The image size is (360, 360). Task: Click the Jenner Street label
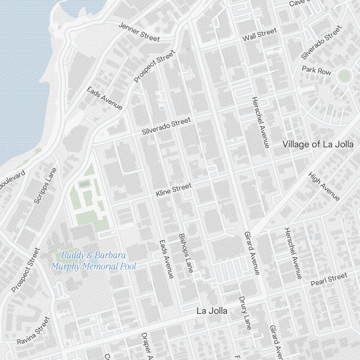tap(139, 32)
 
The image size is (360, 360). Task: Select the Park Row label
tap(316, 70)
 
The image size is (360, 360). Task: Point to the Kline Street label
tap(174, 190)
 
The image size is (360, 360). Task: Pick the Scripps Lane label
tap(45, 186)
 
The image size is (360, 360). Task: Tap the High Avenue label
tap(324, 186)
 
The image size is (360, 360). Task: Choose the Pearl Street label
tap(329, 279)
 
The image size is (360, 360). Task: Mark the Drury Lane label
tap(245, 312)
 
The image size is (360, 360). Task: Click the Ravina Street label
tap(33, 330)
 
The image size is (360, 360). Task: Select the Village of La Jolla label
tap(318, 145)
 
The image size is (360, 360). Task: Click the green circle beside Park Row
tap(344, 76)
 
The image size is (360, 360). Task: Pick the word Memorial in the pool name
tap(100, 267)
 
